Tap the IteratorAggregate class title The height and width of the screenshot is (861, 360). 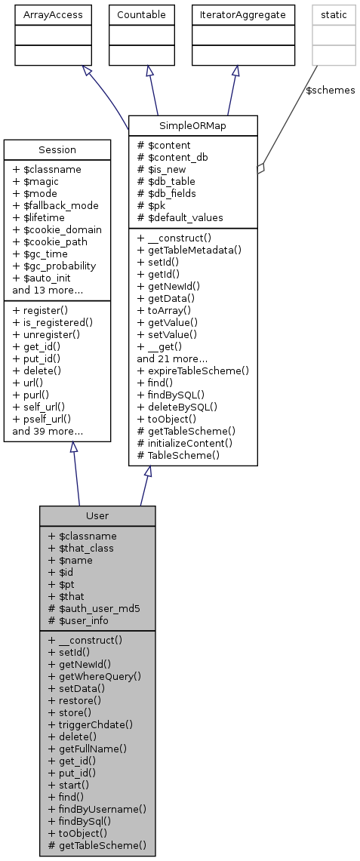tap(242, 14)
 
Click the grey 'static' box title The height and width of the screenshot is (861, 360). tap(333, 14)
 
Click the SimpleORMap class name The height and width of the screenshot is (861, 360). tap(193, 126)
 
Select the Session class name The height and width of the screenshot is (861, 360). tap(57, 150)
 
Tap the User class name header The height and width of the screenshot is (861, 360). tap(97, 515)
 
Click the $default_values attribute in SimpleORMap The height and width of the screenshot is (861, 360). tap(180, 217)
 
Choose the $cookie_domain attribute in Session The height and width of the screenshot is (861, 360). tap(57, 229)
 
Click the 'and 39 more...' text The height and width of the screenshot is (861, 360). tap(48, 432)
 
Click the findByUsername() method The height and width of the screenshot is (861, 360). tap(97, 808)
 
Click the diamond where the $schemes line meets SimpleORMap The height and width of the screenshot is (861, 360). tap(260, 170)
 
